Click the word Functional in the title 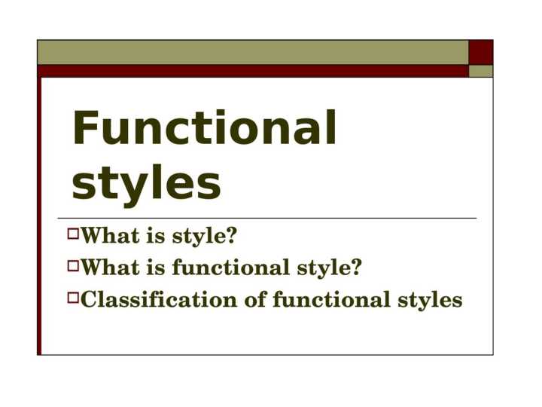tap(204, 130)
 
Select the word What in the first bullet tap(111, 237)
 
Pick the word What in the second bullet tap(111, 268)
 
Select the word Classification tap(159, 300)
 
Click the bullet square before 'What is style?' tap(72, 235)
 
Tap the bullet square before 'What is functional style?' tap(72, 266)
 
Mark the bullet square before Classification tap(72, 298)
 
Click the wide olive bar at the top tap(253, 52)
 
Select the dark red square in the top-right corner tap(481, 52)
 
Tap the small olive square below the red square tap(481, 71)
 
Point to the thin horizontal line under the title tap(271, 218)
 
